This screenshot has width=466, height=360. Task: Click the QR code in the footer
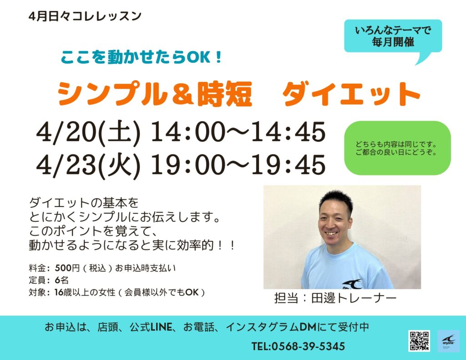pyautogui.click(x=419, y=341)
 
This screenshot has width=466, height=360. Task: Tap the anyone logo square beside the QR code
pyautogui.click(x=448, y=341)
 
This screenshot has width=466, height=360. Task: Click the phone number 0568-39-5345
pyautogui.click(x=308, y=346)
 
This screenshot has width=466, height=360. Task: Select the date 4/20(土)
pyautogui.click(x=88, y=132)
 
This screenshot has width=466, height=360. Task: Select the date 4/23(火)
pyautogui.click(x=88, y=166)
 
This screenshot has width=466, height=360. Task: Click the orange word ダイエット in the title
pyautogui.click(x=351, y=94)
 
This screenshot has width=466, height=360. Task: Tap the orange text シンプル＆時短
pyautogui.click(x=155, y=94)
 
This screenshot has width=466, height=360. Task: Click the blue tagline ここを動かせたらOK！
pyautogui.click(x=142, y=57)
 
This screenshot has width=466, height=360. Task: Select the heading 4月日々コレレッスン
pyautogui.click(x=85, y=16)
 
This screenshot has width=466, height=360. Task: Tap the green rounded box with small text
pyautogui.click(x=397, y=148)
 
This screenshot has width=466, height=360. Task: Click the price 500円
pyautogui.click(x=67, y=268)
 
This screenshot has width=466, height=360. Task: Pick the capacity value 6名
pyautogui.click(x=62, y=280)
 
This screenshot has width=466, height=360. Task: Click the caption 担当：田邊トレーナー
pyautogui.click(x=335, y=298)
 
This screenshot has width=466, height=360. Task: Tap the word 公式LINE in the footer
pyautogui.click(x=151, y=327)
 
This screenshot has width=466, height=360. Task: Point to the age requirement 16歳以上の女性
pyautogui.click(x=84, y=293)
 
